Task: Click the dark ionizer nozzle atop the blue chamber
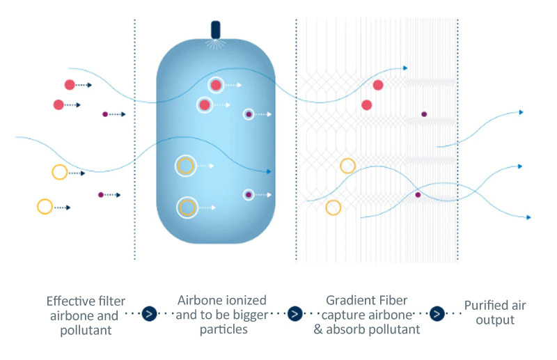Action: (216, 29)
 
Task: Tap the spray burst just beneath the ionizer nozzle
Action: (215, 44)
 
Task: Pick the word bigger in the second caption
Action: (251, 315)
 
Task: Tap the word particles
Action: (223, 329)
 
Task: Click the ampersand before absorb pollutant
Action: (318, 329)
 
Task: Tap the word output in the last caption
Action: (495, 320)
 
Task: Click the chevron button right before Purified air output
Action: (437, 314)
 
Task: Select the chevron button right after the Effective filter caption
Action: (149, 314)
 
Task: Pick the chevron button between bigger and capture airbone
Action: (295, 314)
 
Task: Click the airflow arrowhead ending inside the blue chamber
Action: (269, 172)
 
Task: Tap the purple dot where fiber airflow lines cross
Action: (418, 195)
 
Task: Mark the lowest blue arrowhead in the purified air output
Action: (528, 217)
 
